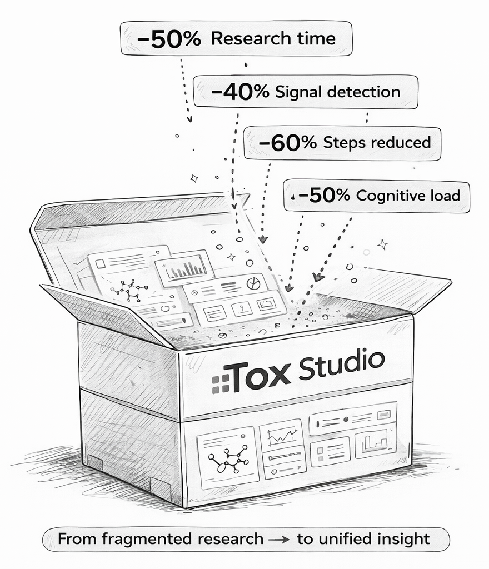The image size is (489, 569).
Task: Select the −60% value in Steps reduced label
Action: point(287,142)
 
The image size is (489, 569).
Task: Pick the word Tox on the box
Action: point(260,375)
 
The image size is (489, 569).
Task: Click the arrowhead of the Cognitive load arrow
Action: point(317,277)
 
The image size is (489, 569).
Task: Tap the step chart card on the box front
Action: point(375,443)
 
